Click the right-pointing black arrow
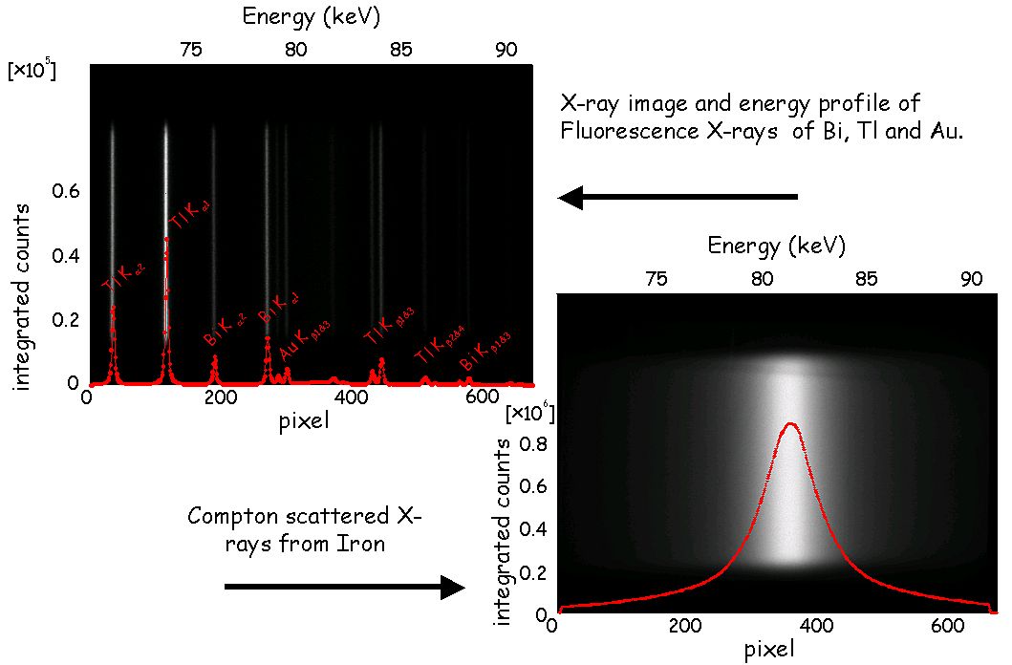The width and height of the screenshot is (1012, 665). click(344, 587)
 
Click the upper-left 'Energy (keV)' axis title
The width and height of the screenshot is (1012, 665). click(297, 16)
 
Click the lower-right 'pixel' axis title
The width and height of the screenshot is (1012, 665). click(768, 650)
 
